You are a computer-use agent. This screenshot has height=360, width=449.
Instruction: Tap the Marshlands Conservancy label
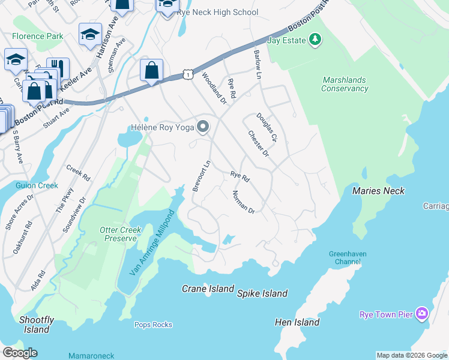(x=345, y=84)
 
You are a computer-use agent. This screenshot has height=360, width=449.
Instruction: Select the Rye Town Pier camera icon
(x=422, y=314)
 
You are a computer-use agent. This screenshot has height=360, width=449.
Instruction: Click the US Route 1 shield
(x=188, y=74)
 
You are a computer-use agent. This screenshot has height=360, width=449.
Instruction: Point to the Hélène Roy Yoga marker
(x=203, y=127)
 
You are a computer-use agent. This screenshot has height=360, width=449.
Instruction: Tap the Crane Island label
(x=208, y=289)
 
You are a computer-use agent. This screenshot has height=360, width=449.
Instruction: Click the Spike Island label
(x=262, y=293)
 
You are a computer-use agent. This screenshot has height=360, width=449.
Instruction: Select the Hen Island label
(x=297, y=322)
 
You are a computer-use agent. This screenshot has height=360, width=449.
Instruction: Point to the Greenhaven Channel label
(x=348, y=258)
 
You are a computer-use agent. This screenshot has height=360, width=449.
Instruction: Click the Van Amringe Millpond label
(x=146, y=243)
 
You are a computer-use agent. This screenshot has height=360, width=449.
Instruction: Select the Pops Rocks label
(x=153, y=325)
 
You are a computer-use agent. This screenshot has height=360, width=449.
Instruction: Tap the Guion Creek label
(x=37, y=185)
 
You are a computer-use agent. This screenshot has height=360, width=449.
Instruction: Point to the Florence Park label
(x=37, y=36)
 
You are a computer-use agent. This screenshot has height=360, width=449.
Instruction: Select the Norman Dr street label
(x=244, y=202)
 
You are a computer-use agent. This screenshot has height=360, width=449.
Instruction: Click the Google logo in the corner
(x=20, y=353)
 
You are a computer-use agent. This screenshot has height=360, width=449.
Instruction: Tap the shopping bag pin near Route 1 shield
(x=152, y=71)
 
